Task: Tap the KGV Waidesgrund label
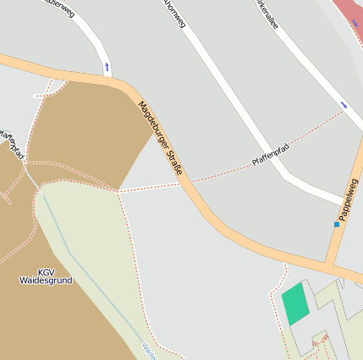[46, 275]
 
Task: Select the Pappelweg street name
[348, 200]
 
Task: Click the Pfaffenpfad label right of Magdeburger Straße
[271, 154]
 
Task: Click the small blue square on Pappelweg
[336, 224]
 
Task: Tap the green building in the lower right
[295, 304]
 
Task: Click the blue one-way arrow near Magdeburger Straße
[107, 66]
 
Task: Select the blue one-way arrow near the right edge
[344, 105]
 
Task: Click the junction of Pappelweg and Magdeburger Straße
[331, 263]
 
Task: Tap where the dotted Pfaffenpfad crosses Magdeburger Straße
[187, 182]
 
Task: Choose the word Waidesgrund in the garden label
[46, 280]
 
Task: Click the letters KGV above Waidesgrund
[46, 271]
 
